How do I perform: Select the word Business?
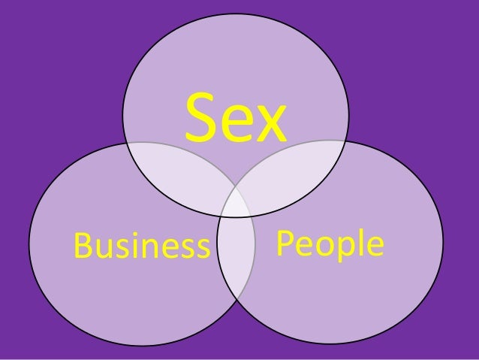pos(140,245)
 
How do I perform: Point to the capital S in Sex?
pos(199,120)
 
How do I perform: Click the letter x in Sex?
pos(269,125)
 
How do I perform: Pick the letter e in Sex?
pos(234,125)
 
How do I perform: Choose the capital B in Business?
pos(80,244)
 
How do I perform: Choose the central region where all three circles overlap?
pos(236,201)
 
